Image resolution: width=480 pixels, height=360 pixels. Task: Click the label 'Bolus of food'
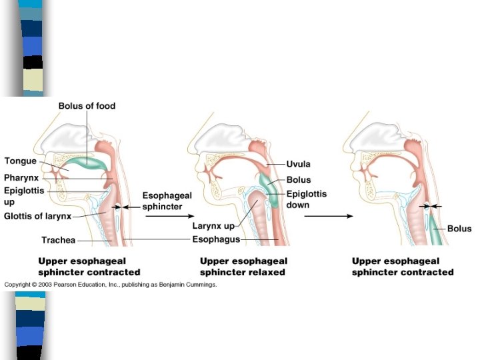pos(87,106)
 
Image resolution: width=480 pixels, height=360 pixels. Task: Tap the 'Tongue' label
pos(21,161)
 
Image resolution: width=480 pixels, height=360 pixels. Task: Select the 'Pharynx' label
pos(23,178)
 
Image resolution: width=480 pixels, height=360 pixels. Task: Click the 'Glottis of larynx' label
pos(37,216)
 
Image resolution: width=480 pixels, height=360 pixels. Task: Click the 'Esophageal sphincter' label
pos(167,200)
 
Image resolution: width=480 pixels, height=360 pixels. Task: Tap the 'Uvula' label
pos(298,163)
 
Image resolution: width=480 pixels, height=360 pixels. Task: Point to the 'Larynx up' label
pos(213,227)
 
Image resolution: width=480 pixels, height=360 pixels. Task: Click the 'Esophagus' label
pos(216,239)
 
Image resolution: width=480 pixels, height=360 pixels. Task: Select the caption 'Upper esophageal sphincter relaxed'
pos(243,267)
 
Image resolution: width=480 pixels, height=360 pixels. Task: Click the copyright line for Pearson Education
pos(111,285)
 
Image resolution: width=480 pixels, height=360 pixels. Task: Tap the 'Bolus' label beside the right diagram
pos(459,229)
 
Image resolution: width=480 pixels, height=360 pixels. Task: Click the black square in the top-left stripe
pos(33,62)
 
